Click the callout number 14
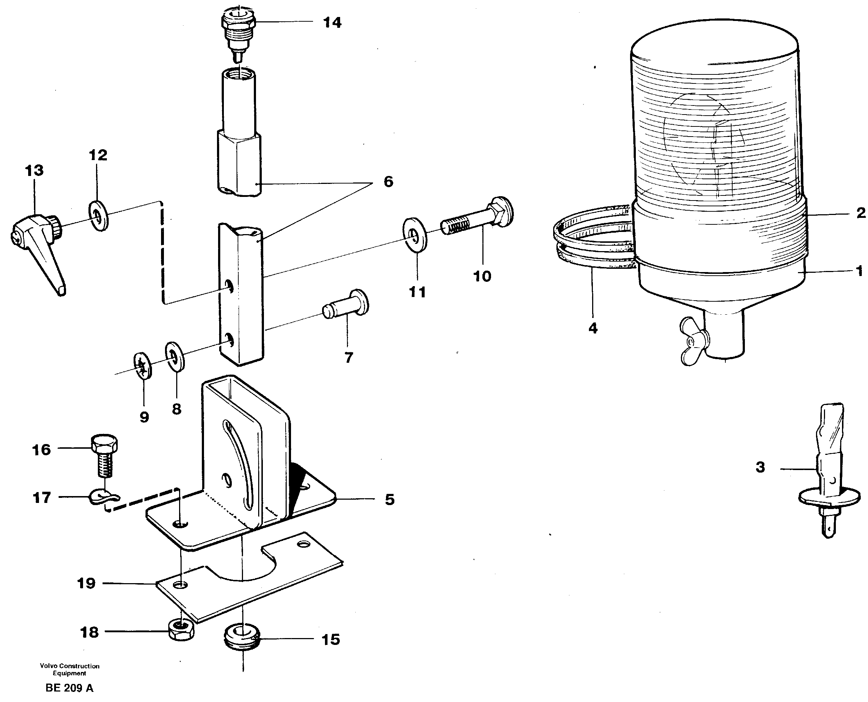click(332, 23)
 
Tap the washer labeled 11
click(415, 234)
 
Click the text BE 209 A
click(69, 688)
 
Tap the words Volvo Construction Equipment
click(69, 669)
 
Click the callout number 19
click(86, 583)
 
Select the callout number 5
click(389, 500)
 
